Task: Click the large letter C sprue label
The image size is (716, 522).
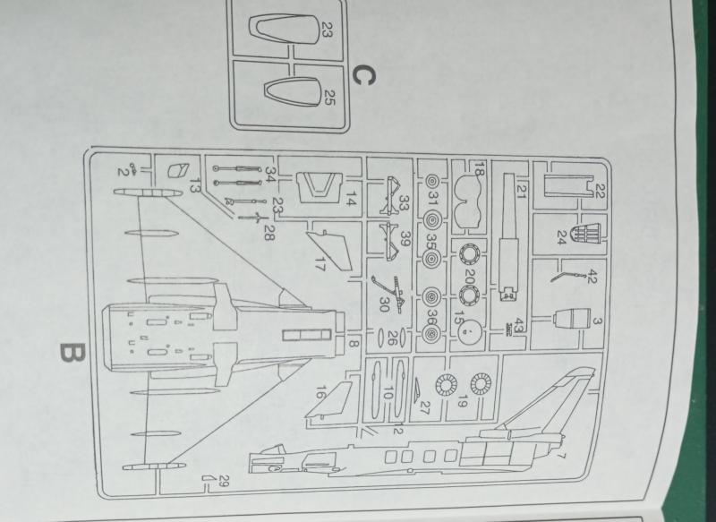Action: (364, 75)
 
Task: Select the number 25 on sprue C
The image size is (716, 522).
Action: (328, 97)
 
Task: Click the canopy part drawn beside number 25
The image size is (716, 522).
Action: (292, 92)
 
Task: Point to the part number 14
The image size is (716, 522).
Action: (351, 199)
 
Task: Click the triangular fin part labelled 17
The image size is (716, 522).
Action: (329, 251)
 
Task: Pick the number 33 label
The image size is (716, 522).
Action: (405, 203)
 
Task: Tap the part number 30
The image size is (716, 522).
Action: (384, 305)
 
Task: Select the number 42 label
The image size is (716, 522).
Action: (591, 277)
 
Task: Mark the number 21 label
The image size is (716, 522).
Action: (522, 190)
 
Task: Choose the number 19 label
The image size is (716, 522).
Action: (462, 402)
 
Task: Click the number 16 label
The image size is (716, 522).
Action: (321, 393)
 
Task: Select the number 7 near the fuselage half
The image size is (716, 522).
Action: (562, 456)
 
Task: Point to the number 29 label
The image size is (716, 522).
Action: (224, 481)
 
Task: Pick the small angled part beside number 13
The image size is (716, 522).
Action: (177, 170)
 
